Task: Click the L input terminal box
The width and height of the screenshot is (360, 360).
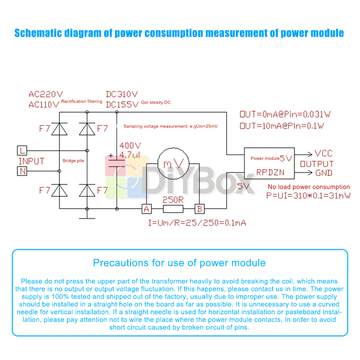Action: [22, 150]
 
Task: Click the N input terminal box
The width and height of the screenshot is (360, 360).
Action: [22, 171]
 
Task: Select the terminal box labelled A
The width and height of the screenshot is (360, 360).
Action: [146, 208]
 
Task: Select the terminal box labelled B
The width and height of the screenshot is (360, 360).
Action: [199, 208]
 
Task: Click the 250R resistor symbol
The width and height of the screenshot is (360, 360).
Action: [173, 209]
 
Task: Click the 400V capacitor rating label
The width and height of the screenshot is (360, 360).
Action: [130, 146]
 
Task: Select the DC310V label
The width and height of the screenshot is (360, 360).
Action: [122, 94]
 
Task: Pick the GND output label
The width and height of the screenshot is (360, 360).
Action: [324, 173]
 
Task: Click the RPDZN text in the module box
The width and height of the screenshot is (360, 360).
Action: [270, 172]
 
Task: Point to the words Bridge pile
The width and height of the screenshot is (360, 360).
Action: [73, 161]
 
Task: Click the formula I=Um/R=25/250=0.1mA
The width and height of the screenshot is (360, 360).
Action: [197, 223]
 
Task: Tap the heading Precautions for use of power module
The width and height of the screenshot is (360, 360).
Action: [179, 263]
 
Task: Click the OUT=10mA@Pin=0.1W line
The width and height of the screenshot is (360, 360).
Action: [282, 126]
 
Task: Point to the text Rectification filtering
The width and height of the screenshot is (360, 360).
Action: [82, 102]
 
